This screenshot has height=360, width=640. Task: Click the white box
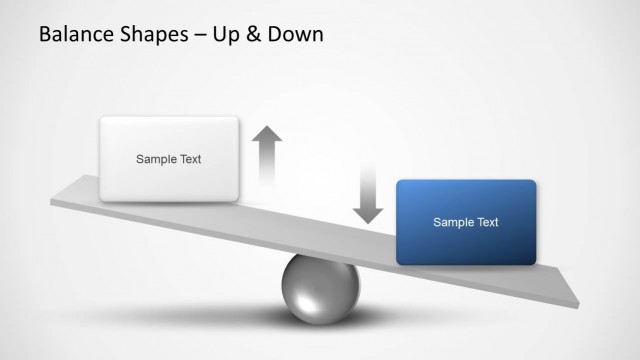[x=168, y=159]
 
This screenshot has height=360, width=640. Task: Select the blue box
[x=466, y=222]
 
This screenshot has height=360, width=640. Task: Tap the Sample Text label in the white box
[x=168, y=159]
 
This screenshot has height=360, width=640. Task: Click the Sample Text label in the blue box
[x=466, y=222]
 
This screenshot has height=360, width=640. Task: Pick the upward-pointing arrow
[x=267, y=155]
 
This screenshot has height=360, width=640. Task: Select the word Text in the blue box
[x=485, y=222]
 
